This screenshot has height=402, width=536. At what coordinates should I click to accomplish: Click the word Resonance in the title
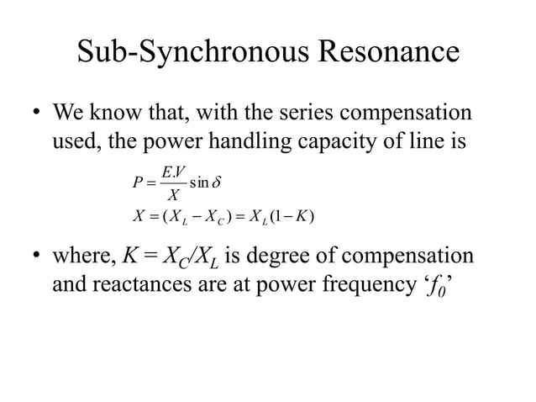pos(389,51)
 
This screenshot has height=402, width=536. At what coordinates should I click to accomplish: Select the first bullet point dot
pos(36,112)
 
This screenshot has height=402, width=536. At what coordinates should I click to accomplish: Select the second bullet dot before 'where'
pos(36,255)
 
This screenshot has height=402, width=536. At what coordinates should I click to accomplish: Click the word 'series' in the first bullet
pos(306,112)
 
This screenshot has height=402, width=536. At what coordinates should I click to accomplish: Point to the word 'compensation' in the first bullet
pos(406,114)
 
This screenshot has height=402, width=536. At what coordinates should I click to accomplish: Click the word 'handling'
pos(250,141)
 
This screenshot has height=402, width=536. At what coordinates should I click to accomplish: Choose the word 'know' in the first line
pos(115,112)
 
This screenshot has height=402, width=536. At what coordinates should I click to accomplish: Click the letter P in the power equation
pos(138,182)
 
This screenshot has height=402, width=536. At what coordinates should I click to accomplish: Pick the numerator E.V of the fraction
pos(174,172)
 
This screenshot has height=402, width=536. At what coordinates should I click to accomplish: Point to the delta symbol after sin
pos(217,182)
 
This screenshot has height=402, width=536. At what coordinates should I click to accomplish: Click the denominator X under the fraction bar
pos(174,195)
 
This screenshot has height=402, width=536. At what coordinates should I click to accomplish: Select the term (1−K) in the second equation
pos(292,216)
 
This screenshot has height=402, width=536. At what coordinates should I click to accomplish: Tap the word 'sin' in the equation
pos(199,182)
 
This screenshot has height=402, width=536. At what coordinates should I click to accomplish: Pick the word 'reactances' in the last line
pos(142,284)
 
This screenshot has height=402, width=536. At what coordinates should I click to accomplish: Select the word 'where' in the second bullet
pos(85,256)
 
